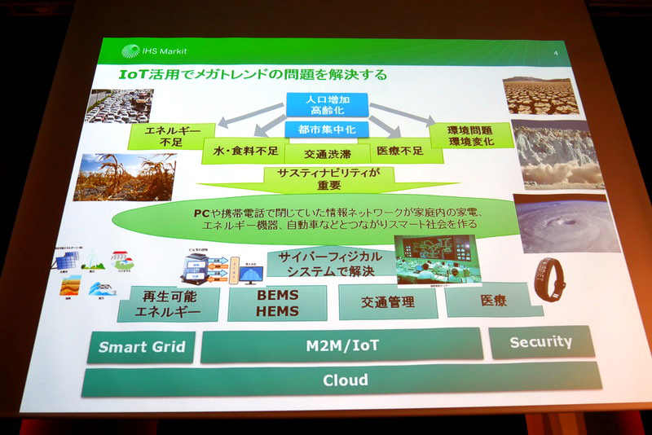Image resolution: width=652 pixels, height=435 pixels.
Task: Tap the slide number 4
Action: click(555, 55)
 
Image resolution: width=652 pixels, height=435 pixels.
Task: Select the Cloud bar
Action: click(344, 380)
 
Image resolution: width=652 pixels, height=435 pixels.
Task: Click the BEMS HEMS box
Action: click(277, 304)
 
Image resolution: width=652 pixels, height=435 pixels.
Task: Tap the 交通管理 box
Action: click(387, 302)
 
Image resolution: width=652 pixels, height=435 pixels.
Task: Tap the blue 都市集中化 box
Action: click(326, 129)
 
